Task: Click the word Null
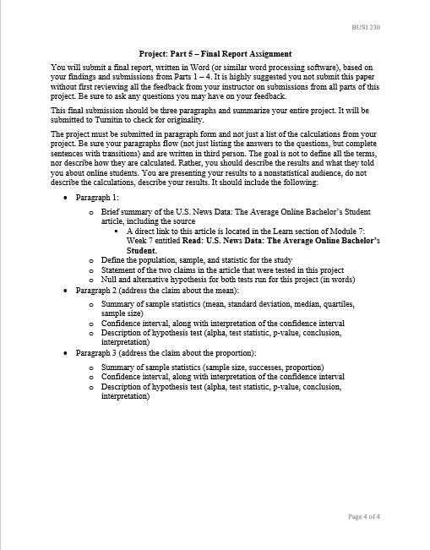109,280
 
